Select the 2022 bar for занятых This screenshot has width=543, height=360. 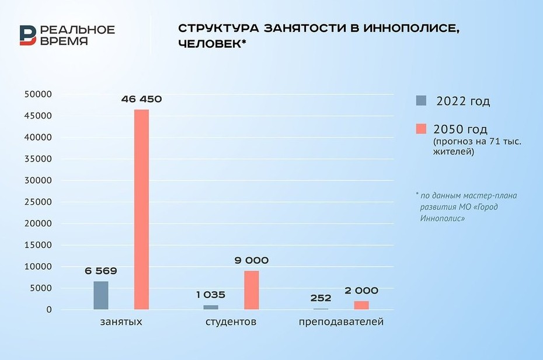pyautogui.click(x=100, y=295)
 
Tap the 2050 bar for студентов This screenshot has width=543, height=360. pyautogui.click(x=251, y=290)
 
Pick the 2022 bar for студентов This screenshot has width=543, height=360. pyautogui.click(x=211, y=307)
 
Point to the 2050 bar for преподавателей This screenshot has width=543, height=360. pyautogui.click(x=361, y=305)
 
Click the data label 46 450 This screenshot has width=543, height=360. pyautogui.click(x=141, y=99)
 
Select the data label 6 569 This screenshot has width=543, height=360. pyautogui.click(x=100, y=271)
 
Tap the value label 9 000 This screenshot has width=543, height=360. pyautogui.click(x=252, y=261)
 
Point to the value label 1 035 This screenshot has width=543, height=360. pyautogui.click(x=211, y=295)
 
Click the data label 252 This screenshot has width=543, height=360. pyautogui.click(x=321, y=298)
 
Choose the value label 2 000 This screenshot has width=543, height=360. pyautogui.click(x=361, y=291)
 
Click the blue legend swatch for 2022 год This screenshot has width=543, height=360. pyautogui.click(x=421, y=100)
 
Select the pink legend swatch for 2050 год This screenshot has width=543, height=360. pyautogui.click(x=421, y=128)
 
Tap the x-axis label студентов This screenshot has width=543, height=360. pyautogui.click(x=231, y=321)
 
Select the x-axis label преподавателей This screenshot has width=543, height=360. pyautogui.click(x=341, y=321)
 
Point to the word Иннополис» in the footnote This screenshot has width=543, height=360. pyautogui.click(x=442, y=218)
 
